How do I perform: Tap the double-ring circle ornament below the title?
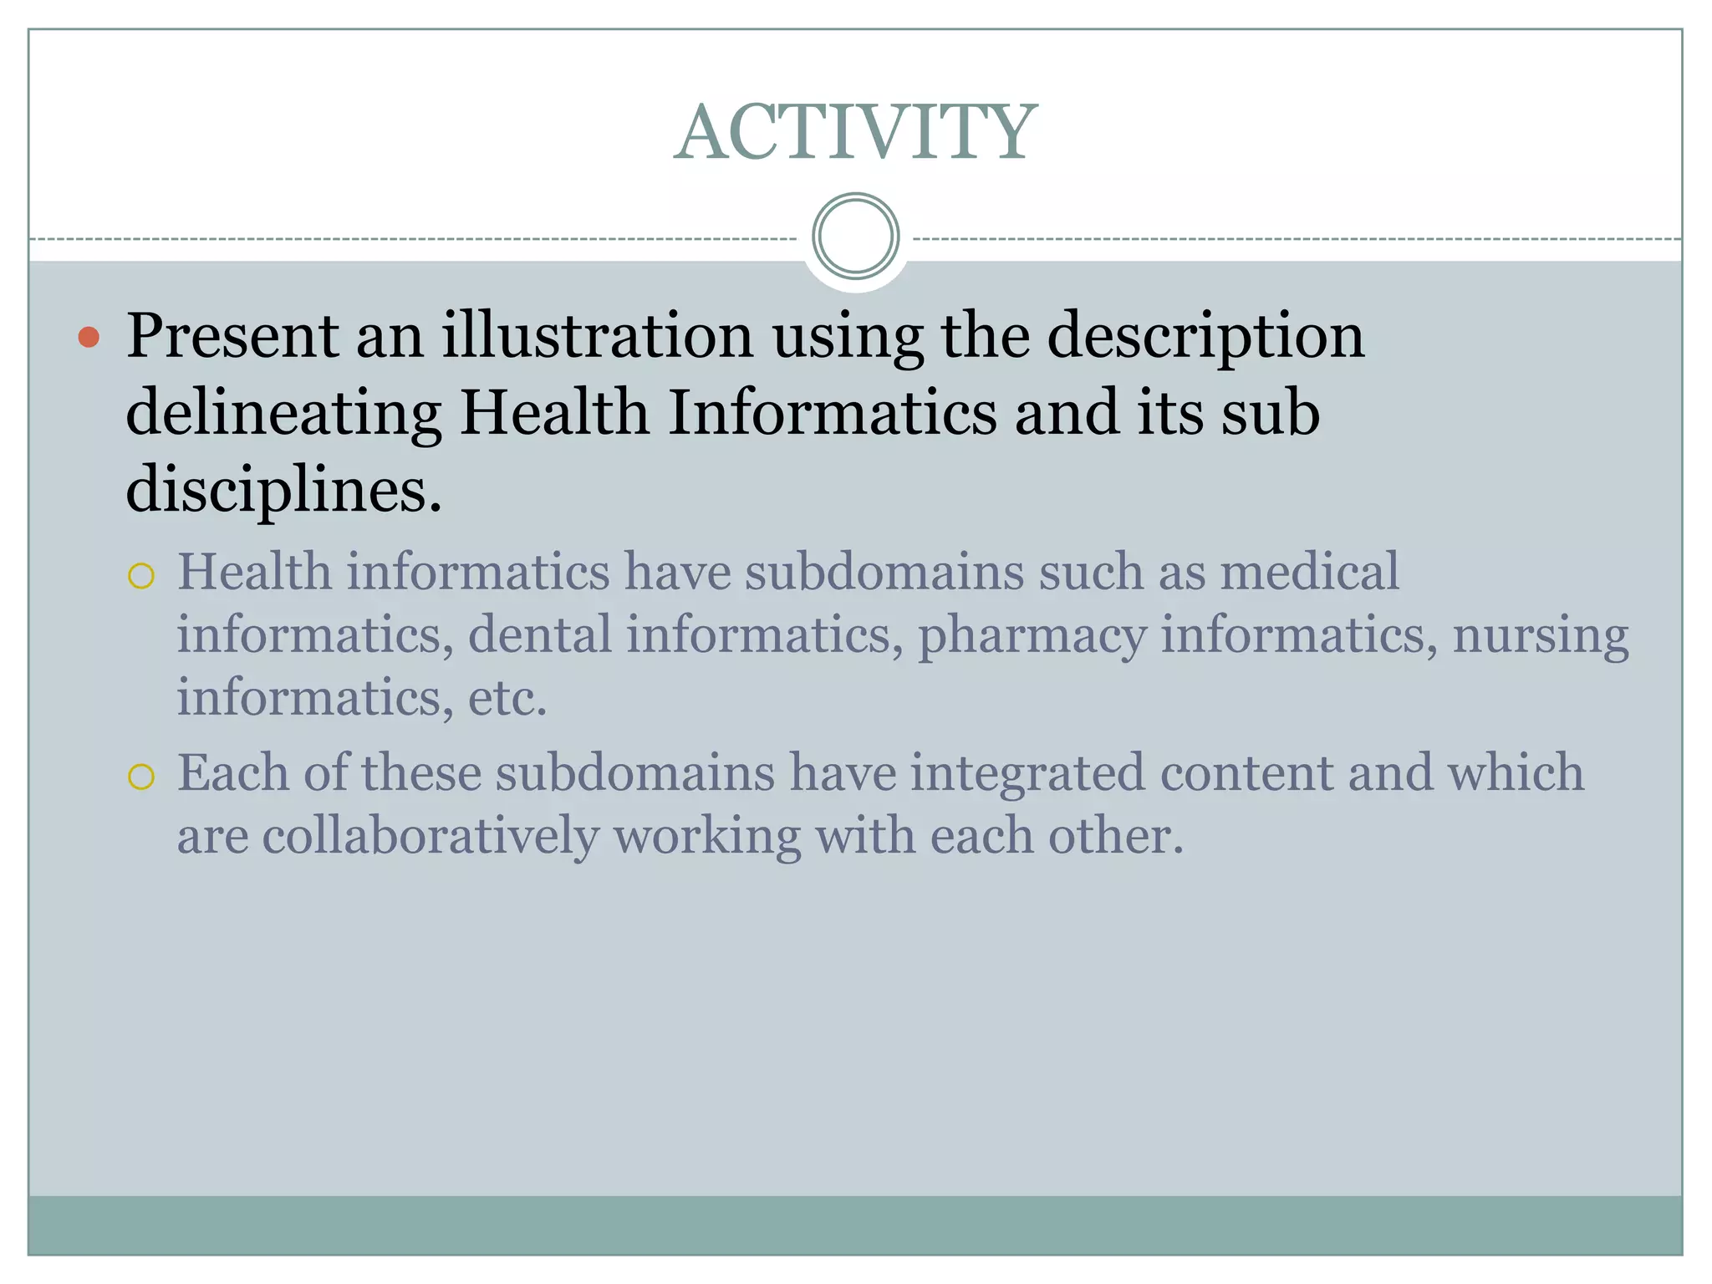(855, 237)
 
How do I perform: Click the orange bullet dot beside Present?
(89, 338)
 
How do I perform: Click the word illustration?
(597, 336)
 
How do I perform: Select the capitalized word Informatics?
(832, 412)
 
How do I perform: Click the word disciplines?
(283, 490)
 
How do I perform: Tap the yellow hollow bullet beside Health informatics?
(141, 576)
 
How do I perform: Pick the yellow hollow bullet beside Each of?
(141, 777)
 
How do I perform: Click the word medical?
(1308, 572)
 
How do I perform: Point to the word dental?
(539, 634)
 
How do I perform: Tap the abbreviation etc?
(507, 698)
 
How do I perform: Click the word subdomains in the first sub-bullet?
(884, 572)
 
